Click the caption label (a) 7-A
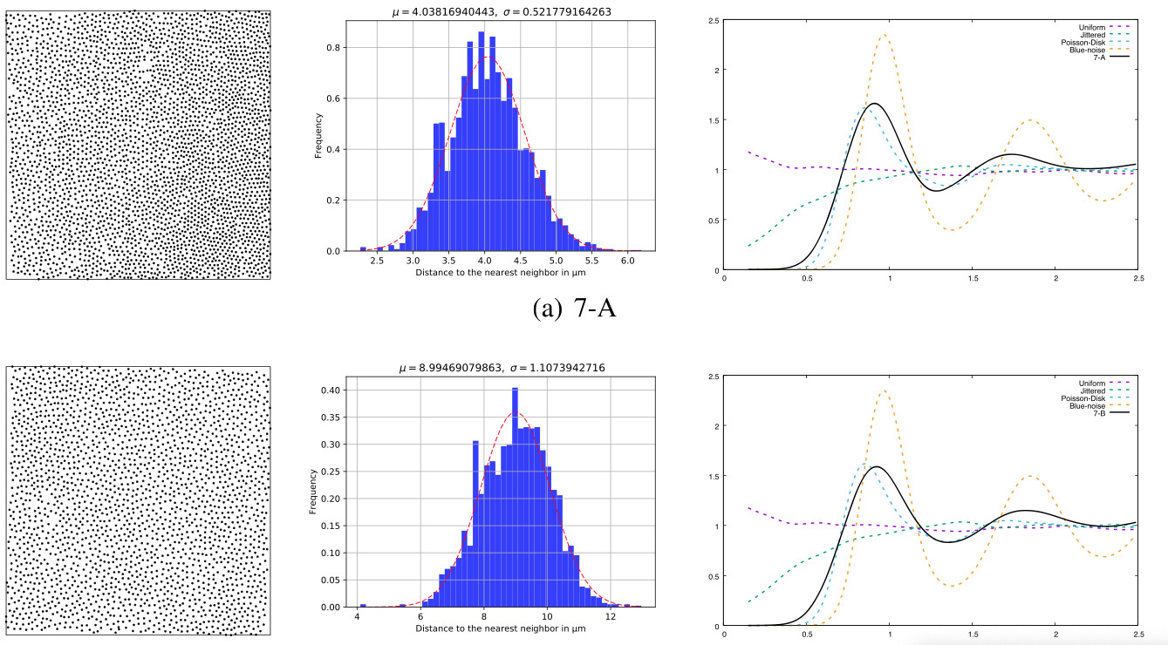point(573,307)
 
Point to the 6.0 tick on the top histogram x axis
point(628,261)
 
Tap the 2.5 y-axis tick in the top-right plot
point(714,19)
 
